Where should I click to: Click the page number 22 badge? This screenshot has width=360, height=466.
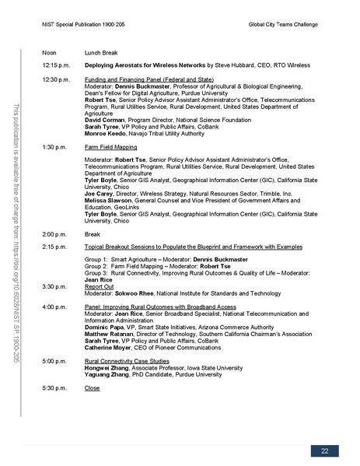323,451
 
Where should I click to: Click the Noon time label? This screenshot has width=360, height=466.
51,53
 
